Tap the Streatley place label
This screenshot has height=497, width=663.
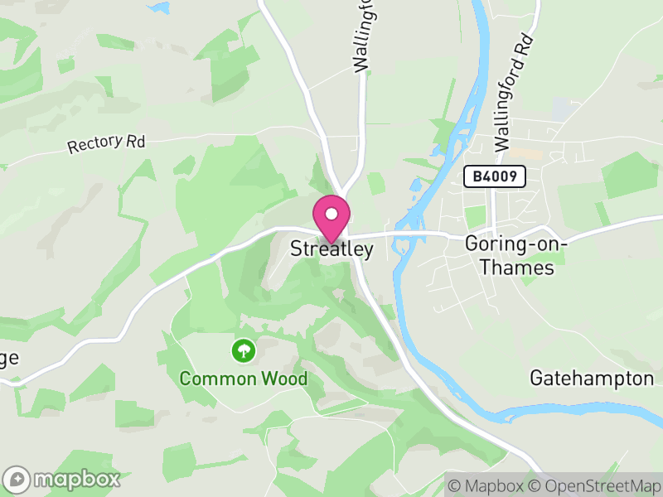point(331,248)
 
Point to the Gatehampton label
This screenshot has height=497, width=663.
point(592,379)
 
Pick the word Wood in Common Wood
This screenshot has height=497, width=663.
point(284,379)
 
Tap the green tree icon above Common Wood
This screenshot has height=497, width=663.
point(244,350)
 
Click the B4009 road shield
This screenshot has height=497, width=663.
point(496,176)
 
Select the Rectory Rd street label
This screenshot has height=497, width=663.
point(106,144)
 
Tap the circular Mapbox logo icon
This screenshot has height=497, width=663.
point(18,479)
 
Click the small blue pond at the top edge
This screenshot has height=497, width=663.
point(157,7)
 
